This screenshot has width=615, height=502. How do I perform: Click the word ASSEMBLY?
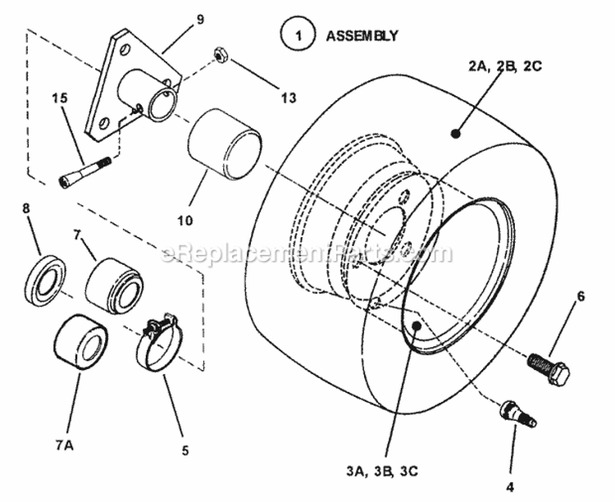(x=362, y=36)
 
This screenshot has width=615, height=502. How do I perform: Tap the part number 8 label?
(x=25, y=209)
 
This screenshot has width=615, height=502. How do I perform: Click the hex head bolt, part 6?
(x=549, y=366)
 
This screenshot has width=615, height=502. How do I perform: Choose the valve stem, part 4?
(x=513, y=412)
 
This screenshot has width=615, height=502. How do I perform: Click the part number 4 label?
(x=510, y=486)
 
